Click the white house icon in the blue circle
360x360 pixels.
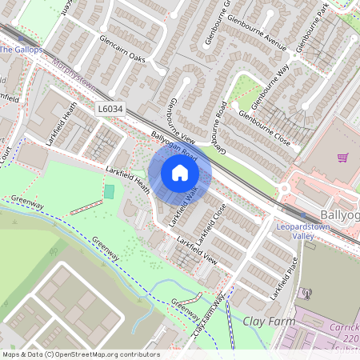[x=180, y=173]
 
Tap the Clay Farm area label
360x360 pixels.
[x=263, y=322]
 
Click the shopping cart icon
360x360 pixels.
[x=343, y=157]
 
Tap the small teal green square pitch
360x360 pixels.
[x=109, y=192]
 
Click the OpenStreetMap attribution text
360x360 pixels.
[x=80, y=354]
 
